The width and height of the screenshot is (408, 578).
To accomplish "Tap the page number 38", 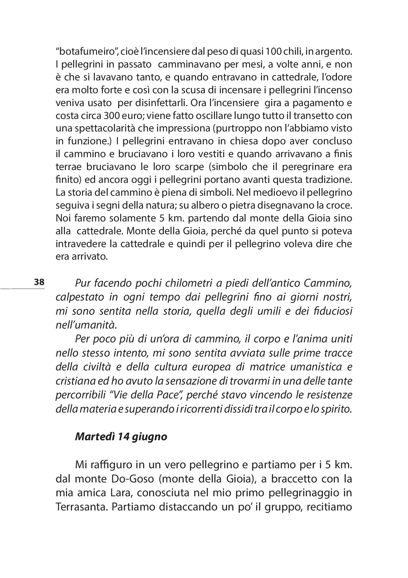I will coord(39,282).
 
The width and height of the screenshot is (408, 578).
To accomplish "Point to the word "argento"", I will coord(330,51).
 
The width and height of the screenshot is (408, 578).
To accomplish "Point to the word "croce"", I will coord(339,205).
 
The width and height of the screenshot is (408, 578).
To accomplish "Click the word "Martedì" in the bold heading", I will coord(94,437).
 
